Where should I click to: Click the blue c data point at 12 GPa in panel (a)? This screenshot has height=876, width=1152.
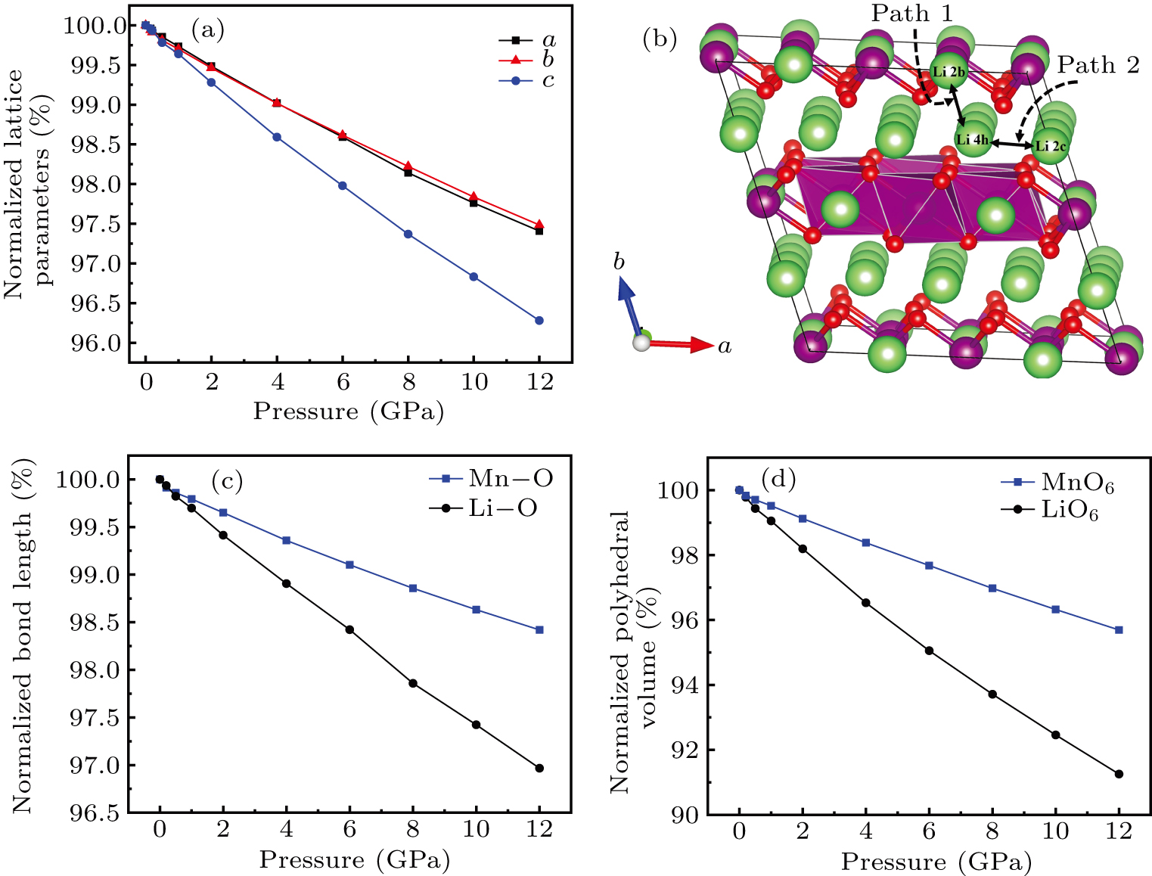(x=539, y=321)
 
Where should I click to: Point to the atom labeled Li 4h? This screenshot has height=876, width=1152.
(x=973, y=139)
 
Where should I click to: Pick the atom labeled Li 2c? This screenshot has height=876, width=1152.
(x=1050, y=146)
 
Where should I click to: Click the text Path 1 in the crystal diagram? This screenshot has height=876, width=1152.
(x=912, y=13)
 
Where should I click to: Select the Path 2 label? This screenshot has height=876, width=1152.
(x=1098, y=66)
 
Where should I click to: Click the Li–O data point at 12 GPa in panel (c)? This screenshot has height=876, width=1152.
(x=539, y=768)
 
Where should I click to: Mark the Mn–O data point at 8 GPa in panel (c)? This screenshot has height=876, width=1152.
(x=413, y=588)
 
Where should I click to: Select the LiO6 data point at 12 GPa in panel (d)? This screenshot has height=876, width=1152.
(x=1119, y=774)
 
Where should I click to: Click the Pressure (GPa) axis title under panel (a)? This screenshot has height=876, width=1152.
(x=348, y=412)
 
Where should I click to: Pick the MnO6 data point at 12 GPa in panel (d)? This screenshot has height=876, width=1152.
(x=1119, y=629)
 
